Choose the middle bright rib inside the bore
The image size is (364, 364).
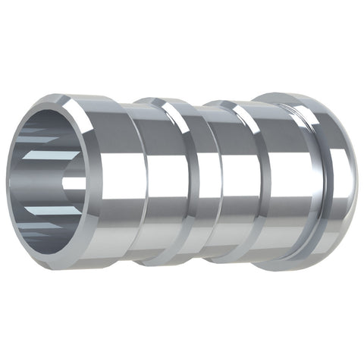57,182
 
